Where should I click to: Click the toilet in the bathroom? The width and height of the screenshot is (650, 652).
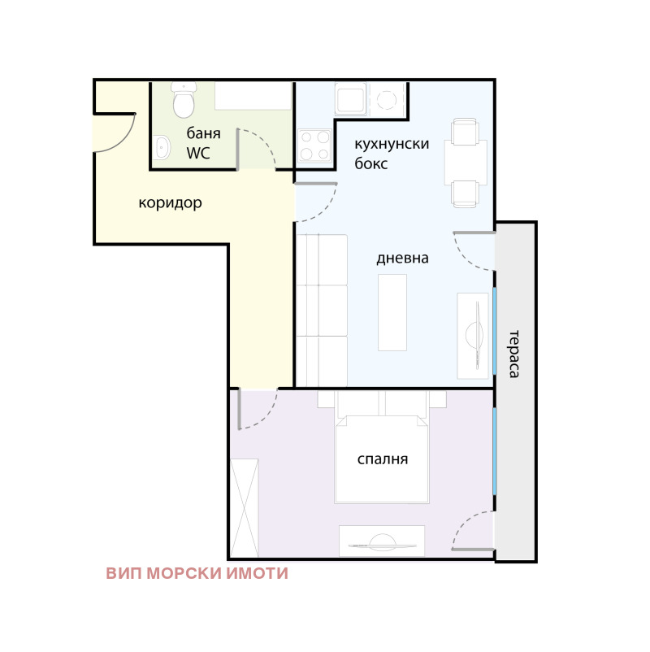[x=184, y=103]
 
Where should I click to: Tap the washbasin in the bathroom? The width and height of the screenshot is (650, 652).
[x=162, y=148]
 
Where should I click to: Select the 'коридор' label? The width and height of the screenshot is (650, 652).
[x=170, y=202]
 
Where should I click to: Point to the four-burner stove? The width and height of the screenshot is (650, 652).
[x=314, y=146]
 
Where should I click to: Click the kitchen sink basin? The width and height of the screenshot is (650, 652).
[x=352, y=101]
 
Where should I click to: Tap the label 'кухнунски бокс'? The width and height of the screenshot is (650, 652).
[x=391, y=153]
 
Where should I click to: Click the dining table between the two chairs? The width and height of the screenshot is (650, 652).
[x=465, y=163]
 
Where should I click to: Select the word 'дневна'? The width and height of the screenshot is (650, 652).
[x=402, y=259]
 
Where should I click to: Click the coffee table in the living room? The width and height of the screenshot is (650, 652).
[x=392, y=312]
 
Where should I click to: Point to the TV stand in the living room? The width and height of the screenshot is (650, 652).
[x=473, y=335]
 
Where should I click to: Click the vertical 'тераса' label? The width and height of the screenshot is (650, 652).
[x=513, y=354]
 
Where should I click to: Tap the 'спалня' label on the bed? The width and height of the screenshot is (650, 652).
[x=383, y=459]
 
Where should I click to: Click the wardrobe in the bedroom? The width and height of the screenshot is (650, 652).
[x=244, y=507]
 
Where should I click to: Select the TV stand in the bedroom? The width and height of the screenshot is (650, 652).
[x=382, y=541]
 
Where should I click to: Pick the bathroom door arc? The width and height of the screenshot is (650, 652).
[x=260, y=146]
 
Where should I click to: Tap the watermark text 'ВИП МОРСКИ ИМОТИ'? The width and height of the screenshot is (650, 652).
[x=197, y=573]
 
